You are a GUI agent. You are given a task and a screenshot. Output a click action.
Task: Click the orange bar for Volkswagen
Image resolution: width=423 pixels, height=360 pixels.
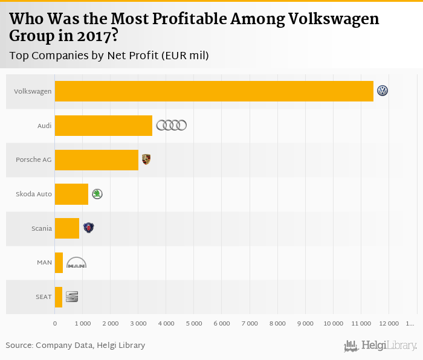[x=214, y=91]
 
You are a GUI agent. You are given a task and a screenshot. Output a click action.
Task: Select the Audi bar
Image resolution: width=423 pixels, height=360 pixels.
[x=103, y=126]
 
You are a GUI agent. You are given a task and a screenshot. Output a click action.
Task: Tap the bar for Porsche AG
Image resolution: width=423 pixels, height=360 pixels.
[x=97, y=160]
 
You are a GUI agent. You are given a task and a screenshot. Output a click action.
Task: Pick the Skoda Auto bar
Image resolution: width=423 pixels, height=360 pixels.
[x=71, y=194]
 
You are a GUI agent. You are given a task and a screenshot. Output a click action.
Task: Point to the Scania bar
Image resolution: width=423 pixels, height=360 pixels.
[x=67, y=228]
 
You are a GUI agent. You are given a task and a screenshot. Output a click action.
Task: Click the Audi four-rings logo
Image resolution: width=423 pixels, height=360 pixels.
[x=172, y=126]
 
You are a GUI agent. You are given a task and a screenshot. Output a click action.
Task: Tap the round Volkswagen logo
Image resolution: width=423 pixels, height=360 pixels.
[x=383, y=91]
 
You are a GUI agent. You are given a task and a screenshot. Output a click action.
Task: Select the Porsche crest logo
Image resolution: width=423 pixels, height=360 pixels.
[x=146, y=159]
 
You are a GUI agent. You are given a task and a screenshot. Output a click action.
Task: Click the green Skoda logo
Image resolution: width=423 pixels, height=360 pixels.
[x=97, y=194]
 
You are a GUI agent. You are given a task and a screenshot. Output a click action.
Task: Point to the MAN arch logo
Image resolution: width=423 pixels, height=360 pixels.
[x=76, y=263]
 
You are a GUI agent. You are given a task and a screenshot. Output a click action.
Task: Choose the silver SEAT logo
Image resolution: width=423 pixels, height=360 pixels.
[x=72, y=297]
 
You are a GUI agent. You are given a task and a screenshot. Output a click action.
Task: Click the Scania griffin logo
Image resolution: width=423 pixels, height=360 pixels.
[x=89, y=228]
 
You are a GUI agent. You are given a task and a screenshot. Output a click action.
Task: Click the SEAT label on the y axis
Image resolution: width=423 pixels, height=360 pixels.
[x=44, y=297]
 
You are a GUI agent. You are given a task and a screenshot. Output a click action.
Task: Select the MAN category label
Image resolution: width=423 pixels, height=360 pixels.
[x=44, y=263]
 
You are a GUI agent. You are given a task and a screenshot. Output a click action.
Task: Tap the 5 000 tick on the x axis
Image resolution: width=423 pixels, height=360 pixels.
[x=193, y=324]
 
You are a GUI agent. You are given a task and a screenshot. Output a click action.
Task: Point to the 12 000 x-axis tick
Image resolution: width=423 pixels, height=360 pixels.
[x=389, y=324]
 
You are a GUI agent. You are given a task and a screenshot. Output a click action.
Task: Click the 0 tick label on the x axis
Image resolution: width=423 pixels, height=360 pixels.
[x=55, y=324]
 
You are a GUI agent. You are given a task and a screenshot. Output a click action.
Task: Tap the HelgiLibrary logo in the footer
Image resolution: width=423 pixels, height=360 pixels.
[x=380, y=346]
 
